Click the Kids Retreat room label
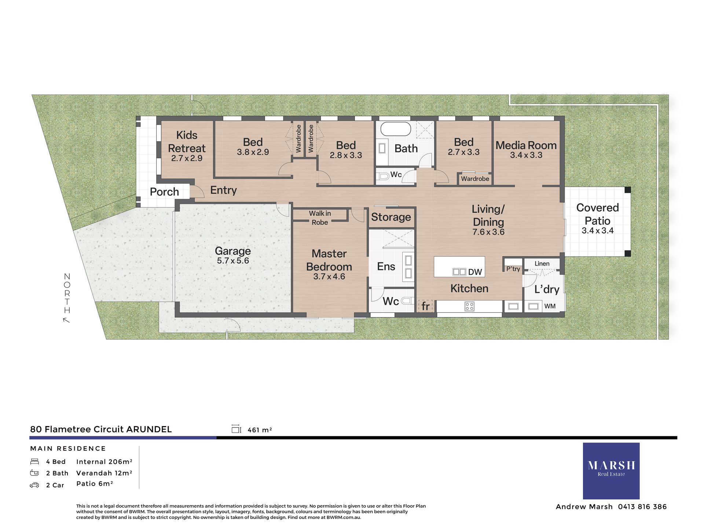(187, 142)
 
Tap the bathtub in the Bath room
(396, 129)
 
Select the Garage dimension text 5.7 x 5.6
(233, 261)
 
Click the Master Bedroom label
(329, 260)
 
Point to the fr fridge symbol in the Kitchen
(425, 306)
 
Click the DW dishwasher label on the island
(475, 272)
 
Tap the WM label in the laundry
(550, 306)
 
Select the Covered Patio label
(597, 214)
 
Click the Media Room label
(526, 146)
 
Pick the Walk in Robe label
(320, 218)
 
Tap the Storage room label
(391, 217)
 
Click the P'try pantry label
(513, 269)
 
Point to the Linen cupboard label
(542, 264)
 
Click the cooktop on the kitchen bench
(469, 306)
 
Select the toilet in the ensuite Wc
(406, 301)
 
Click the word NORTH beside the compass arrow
(67, 293)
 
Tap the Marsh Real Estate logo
(611, 470)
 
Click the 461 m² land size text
(260, 430)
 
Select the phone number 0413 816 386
(642, 507)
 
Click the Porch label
(164, 192)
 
